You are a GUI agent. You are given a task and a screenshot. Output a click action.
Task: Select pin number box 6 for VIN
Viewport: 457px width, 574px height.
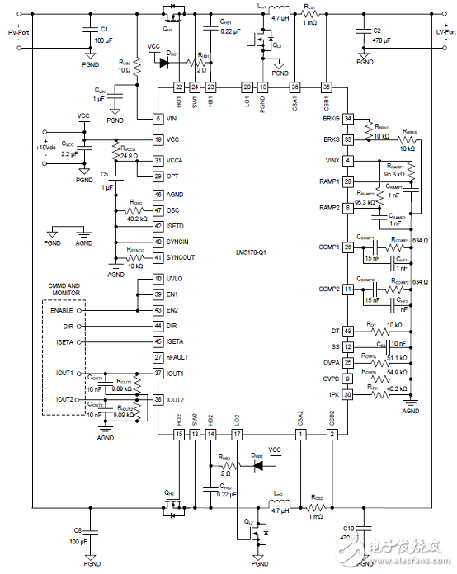pos(158,118)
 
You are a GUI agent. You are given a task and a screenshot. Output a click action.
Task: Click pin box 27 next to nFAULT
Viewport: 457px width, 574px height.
pos(158,357)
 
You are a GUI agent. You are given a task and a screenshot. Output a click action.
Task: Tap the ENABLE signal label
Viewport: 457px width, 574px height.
pos(60,311)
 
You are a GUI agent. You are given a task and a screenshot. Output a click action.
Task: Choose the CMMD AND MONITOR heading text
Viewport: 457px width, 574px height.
pos(71,289)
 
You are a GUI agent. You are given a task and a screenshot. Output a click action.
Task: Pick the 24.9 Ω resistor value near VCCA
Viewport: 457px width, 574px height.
pos(128,155)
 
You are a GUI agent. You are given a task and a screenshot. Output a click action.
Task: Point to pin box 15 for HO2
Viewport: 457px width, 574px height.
pos(178,434)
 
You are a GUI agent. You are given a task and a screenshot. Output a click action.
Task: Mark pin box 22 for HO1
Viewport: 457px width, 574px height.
pos(178,87)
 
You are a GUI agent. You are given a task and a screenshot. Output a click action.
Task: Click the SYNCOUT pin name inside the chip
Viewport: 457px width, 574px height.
pos(181,257)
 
